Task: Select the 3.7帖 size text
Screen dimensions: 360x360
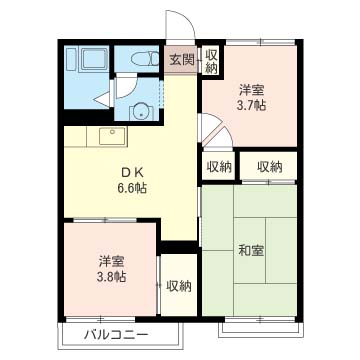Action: click(251, 105)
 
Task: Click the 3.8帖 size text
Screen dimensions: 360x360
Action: click(111, 278)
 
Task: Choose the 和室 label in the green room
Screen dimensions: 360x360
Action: click(251, 250)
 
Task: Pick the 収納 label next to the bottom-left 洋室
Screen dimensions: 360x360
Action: click(179, 286)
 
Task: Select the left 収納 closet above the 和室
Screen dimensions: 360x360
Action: click(220, 167)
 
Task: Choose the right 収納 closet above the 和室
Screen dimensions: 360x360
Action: click(268, 167)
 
